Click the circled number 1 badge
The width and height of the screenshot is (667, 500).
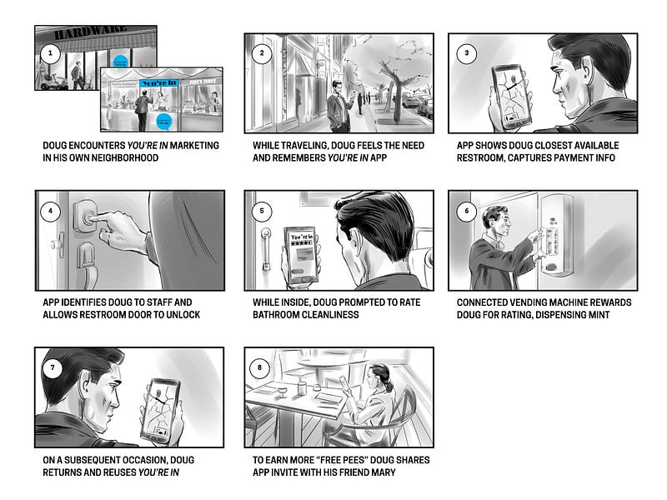[51, 53]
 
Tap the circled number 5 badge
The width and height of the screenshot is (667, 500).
[262, 211]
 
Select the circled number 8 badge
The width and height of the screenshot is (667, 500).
[259, 367]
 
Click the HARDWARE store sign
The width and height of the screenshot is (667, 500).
[90, 32]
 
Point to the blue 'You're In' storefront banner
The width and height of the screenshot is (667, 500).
[159, 82]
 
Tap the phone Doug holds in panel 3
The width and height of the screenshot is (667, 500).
[511, 97]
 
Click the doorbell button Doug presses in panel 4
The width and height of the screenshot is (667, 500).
[88, 217]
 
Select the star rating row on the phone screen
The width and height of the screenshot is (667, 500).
[301, 242]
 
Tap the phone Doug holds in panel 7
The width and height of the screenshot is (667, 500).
[161, 411]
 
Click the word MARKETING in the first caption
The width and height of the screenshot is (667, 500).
[194, 145]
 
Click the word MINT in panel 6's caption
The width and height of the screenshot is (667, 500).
[599, 315]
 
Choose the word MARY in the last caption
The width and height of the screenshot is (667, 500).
[384, 472]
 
